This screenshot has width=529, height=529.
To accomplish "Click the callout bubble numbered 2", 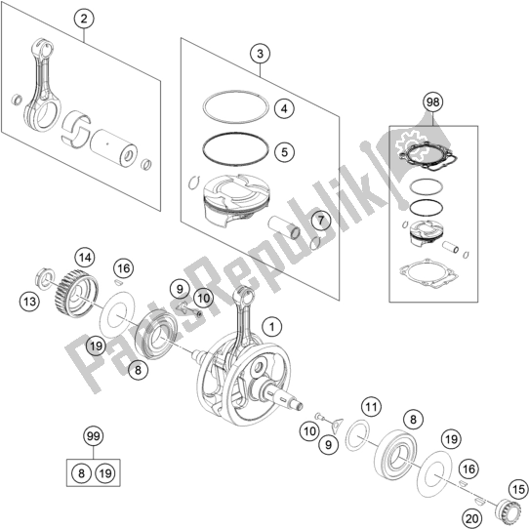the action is (84, 19).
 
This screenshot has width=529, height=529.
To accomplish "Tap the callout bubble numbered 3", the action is (260, 54).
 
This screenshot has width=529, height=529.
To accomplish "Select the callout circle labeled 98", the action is (433, 102).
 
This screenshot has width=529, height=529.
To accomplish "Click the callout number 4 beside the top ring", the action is (284, 109).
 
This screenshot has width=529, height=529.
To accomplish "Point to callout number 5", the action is (284, 152).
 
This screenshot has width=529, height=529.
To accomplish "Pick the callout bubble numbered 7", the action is (320, 221).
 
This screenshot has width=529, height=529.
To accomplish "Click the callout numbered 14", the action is (85, 258).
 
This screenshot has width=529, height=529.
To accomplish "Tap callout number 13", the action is (29, 302).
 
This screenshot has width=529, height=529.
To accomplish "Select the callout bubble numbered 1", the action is (271, 327).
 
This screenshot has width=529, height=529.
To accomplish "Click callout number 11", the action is (371, 408).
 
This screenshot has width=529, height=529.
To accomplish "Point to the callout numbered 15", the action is (518, 490).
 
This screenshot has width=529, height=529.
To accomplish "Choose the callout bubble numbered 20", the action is (471, 519).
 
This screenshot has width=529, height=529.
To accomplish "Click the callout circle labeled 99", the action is (94, 436).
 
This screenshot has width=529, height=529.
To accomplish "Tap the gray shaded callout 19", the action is (96, 346).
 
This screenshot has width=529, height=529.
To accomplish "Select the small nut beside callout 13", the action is (44, 278).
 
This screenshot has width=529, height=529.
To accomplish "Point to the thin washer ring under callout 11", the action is (359, 435).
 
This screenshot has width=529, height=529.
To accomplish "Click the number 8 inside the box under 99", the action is (81, 473).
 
